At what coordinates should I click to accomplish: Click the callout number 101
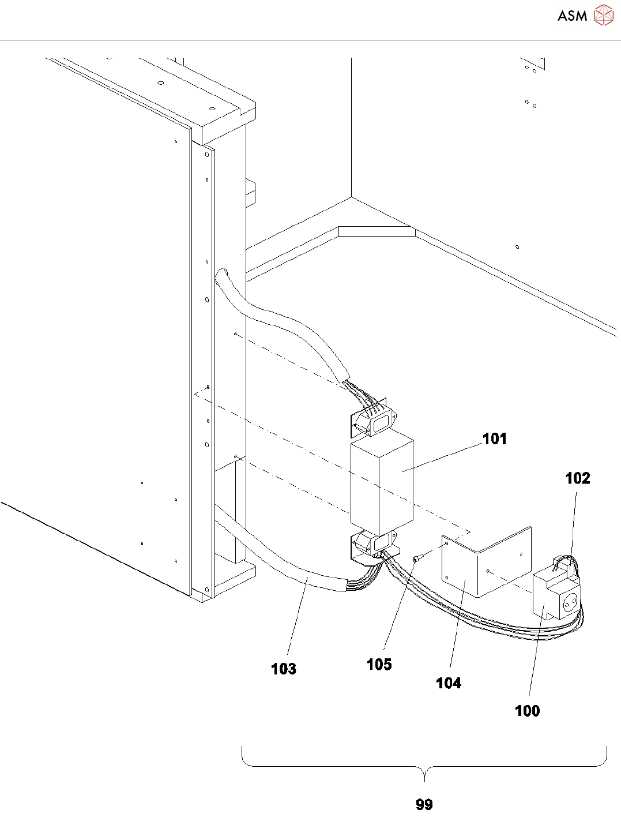click(x=494, y=439)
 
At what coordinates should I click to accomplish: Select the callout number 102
click(x=577, y=478)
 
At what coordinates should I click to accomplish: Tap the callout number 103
click(x=283, y=669)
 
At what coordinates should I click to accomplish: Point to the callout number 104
click(x=448, y=683)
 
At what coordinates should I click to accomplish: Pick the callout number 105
click(x=379, y=665)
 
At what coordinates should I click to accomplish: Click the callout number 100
click(x=527, y=711)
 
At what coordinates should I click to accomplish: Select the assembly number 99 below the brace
click(x=424, y=805)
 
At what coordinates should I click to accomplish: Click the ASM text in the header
click(x=572, y=16)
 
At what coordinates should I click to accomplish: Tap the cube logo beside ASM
click(x=603, y=16)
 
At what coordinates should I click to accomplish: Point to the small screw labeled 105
click(x=416, y=558)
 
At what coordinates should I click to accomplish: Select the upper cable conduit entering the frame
click(x=277, y=314)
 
